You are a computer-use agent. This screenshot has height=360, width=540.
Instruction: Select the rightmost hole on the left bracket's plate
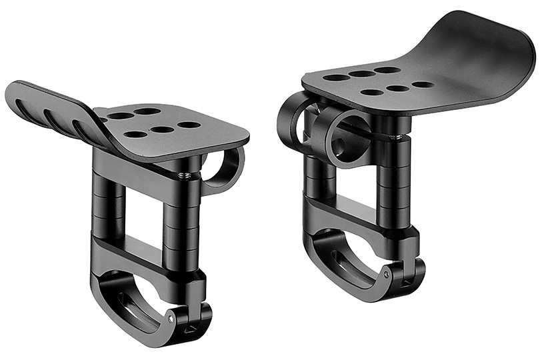point(189,125)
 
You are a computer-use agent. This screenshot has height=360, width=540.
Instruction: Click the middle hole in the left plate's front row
point(160,129)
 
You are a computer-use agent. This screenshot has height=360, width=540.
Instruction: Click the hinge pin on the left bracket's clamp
point(171,319)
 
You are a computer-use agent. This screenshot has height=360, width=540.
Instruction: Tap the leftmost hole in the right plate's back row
point(337,78)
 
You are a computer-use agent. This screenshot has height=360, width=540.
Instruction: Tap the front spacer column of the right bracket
point(393,180)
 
